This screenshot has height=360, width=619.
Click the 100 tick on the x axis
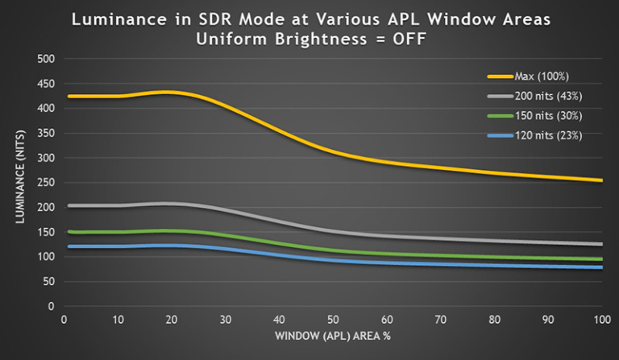[x=601, y=319]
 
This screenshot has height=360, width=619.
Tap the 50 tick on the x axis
[x=333, y=319]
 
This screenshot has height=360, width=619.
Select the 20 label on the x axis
[x=172, y=319]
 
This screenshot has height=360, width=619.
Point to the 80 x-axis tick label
[x=494, y=319]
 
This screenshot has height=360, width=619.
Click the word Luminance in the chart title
[x=119, y=19]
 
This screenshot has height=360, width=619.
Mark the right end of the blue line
[x=601, y=267]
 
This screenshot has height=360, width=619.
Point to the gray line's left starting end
[x=66, y=205]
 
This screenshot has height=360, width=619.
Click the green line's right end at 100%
[x=601, y=259]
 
